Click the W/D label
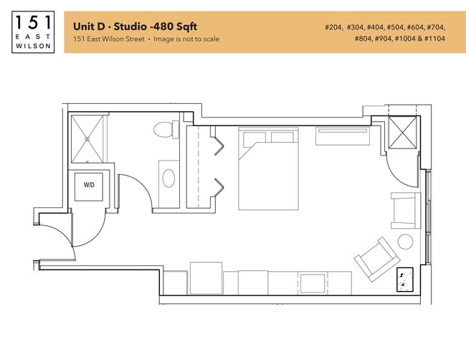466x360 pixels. tap(89, 185)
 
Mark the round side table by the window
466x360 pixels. tap(405, 241)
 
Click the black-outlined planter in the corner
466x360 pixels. tap(405, 279)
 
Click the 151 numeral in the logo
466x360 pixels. tap(33, 22)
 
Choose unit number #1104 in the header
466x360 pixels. tap(434, 39)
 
